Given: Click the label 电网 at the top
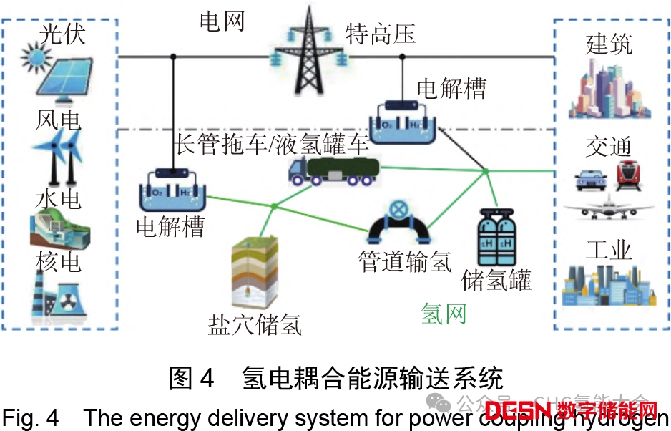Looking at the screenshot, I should (x=222, y=21).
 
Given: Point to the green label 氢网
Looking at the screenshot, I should (x=444, y=314).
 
